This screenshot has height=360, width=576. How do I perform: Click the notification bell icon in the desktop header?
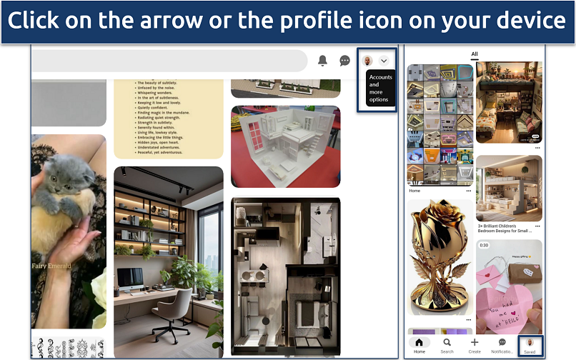[x=323, y=61]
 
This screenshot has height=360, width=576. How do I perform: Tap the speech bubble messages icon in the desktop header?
[x=344, y=61]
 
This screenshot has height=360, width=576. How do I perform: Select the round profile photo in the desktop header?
[x=368, y=61]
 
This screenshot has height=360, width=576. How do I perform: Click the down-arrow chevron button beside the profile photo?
[x=384, y=61]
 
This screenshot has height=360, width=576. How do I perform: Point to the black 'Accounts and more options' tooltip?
[x=379, y=88]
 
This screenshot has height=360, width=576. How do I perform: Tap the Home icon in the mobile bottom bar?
[x=419, y=343]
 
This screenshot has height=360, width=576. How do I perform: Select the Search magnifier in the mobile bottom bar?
[x=447, y=343]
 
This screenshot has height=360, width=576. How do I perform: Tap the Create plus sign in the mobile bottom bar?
[x=475, y=343]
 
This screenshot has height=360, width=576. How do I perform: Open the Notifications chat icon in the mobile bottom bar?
[x=502, y=343]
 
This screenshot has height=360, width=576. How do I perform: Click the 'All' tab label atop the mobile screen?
[x=474, y=54]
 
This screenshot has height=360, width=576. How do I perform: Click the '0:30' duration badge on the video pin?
[x=484, y=245]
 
